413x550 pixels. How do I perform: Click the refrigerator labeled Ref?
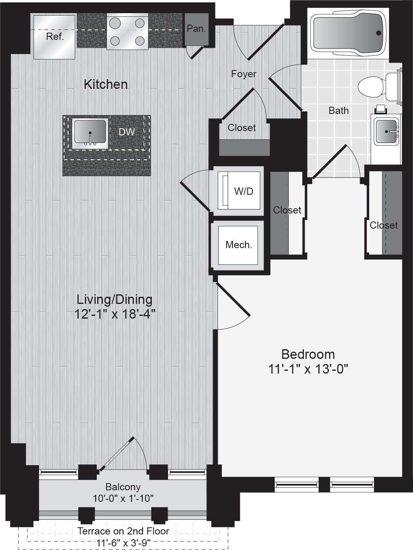[x=55, y=37]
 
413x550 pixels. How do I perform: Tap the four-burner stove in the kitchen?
[x=127, y=32]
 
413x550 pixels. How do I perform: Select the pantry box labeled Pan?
[x=196, y=29]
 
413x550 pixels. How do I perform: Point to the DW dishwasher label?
[x=127, y=132]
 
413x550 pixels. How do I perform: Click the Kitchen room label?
[x=106, y=84]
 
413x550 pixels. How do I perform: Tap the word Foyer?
[x=243, y=74]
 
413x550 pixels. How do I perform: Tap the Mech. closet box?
[x=238, y=245]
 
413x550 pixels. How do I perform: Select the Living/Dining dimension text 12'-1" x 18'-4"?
[x=115, y=314]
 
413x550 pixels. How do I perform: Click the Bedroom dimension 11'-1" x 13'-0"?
[x=308, y=369]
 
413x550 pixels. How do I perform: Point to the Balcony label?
[x=123, y=487]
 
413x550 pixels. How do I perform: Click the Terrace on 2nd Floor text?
[x=123, y=531]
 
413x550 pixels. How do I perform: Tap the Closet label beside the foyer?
[x=242, y=128]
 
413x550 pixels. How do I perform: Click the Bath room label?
[x=339, y=110]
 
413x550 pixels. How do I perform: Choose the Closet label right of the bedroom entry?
[x=384, y=225]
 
